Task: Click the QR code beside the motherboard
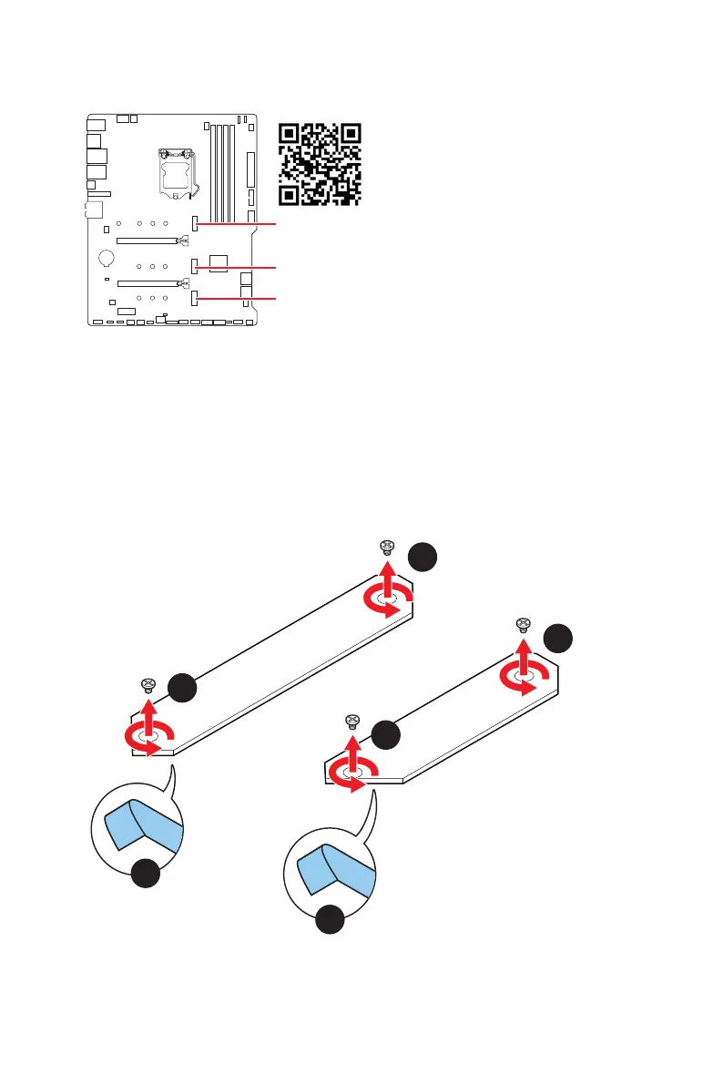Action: pyautogui.click(x=320, y=163)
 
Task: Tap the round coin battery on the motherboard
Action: pyautogui.click(x=106, y=258)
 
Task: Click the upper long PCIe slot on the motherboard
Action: pyautogui.click(x=147, y=241)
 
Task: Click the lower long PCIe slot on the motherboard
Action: pyautogui.click(x=147, y=283)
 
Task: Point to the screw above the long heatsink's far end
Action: pyautogui.click(x=386, y=547)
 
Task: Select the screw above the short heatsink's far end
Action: pyautogui.click(x=523, y=624)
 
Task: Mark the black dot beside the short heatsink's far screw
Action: pyautogui.click(x=558, y=638)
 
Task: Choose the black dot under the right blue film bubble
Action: pyautogui.click(x=331, y=919)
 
